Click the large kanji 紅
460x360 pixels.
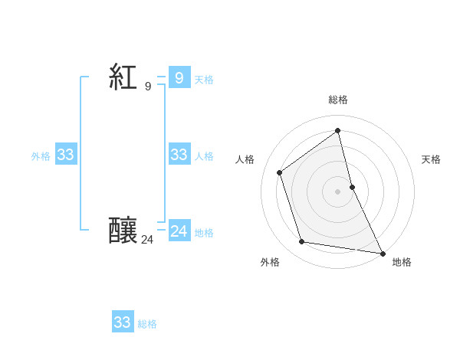pos(123,77)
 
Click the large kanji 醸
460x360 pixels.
pos(123,231)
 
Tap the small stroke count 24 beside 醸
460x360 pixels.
pos(147,240)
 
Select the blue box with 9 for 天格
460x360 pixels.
pos(179,77)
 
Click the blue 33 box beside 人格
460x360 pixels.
pos(179,155)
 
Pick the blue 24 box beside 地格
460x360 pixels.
pos(179,231)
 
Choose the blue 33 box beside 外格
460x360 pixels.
pos(65,155)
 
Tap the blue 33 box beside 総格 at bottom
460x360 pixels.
pos(123,322)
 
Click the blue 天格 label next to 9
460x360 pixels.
pos(204,80)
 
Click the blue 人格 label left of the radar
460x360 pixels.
pos(204,156)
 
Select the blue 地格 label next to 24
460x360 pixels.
pos(204,233)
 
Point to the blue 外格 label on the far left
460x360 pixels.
pos(41,156)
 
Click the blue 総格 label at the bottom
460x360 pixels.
pos(147,325)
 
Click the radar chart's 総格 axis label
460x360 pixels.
pos(338,100)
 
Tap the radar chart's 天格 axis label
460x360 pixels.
pos(432,159)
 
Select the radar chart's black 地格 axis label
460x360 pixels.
pos(402,262)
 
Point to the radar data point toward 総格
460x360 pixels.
pos(338,130)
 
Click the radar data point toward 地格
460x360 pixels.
pos(382,253)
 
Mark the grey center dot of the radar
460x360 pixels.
pos(338,191)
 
